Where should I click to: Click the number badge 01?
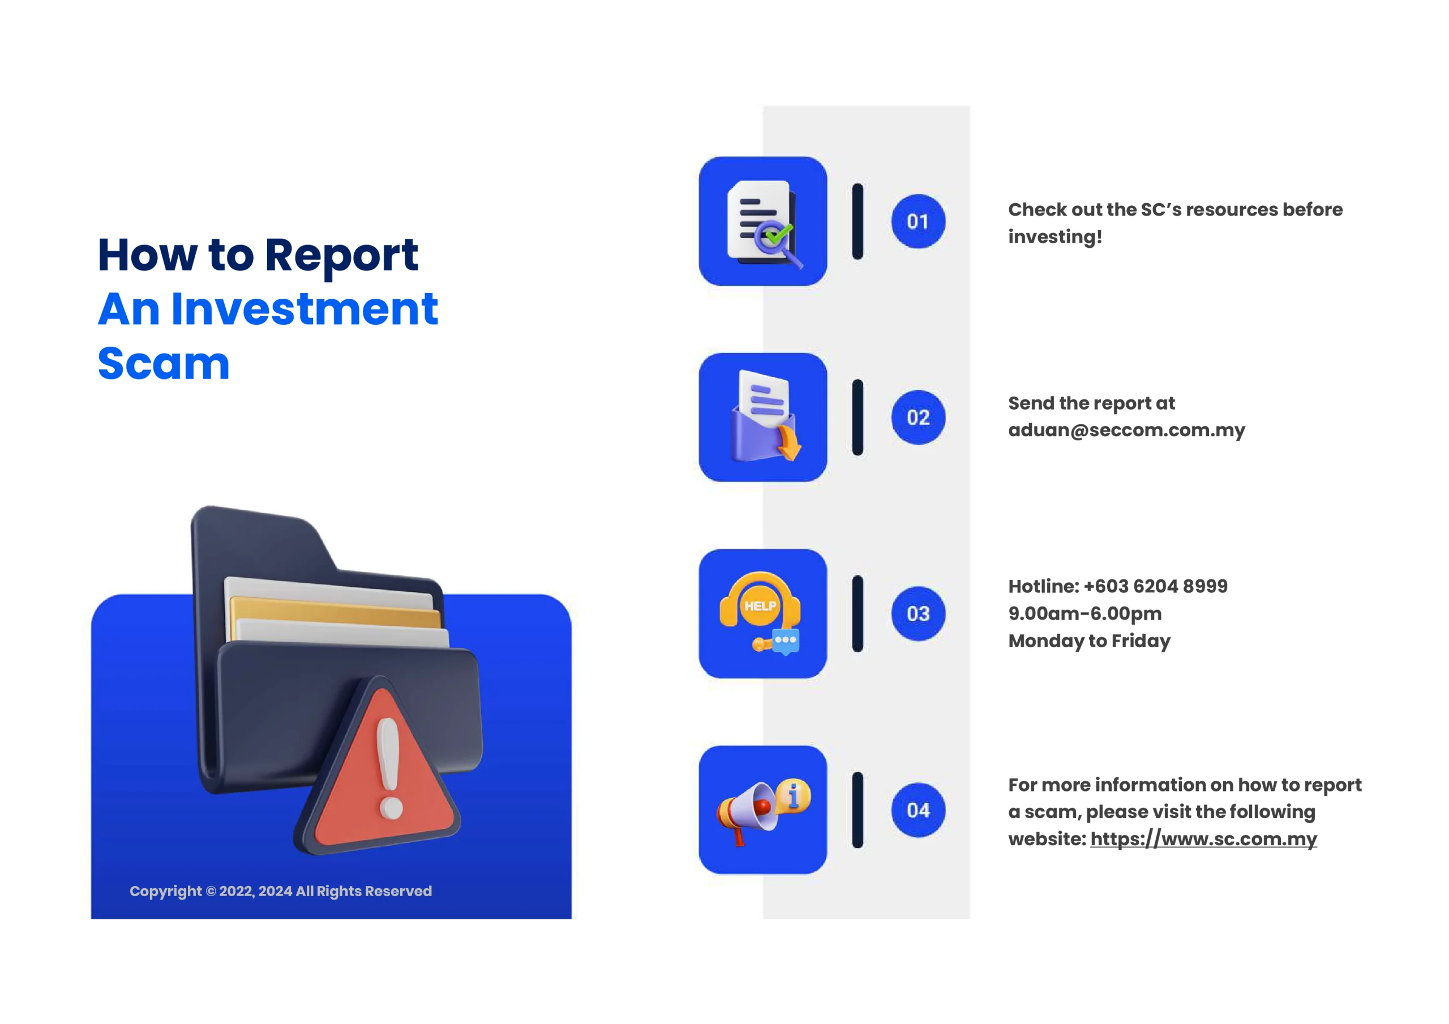(918, 221)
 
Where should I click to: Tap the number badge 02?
(918, 418)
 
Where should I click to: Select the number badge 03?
(918, 614)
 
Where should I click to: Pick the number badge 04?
(918, 810)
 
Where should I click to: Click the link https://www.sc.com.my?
(1203, 839)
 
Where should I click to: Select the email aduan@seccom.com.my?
(1126, 431)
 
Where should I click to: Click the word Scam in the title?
(164, 363)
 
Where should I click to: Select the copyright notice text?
(281, 891)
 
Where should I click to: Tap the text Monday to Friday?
(1089, 641)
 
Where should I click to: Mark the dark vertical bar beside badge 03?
(858, 614)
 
